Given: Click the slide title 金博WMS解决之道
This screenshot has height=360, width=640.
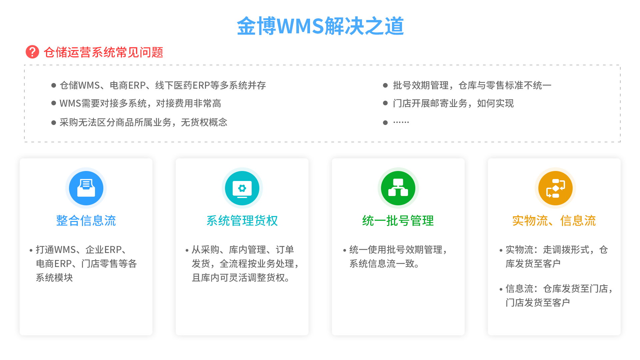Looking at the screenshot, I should [320, 26].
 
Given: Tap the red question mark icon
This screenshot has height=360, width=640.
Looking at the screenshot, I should [32, 52].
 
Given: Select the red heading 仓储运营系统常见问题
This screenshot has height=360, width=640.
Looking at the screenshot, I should [103, 52].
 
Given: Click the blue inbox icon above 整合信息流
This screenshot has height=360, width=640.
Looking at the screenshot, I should [86, 188].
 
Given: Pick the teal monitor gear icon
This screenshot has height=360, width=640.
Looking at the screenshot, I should [242, 188].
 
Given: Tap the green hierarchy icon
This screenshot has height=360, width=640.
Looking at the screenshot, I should [398, 188].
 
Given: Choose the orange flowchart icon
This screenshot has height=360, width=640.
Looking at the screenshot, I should [555, 188].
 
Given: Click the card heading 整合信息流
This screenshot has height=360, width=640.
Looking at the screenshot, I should [86, 221].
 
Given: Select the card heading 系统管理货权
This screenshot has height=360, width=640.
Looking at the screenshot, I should [242, 221].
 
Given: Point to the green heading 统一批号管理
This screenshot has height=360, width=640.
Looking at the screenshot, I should [398, 221].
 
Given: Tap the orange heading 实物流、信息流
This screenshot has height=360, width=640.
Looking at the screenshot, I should [554, 221].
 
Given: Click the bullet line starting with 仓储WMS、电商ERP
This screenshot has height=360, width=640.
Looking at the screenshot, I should [163, 85].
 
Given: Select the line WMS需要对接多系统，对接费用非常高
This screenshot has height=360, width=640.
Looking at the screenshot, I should [140, 103].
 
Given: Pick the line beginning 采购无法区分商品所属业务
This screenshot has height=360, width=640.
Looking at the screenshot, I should [143, 122].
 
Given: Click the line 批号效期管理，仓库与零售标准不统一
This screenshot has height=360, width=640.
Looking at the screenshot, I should [472, 85].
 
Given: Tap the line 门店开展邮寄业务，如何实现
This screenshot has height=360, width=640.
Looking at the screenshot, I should [453, 103].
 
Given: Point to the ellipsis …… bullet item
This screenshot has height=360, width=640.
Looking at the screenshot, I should [401, 122].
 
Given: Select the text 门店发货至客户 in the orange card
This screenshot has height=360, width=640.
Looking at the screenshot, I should [538, 302].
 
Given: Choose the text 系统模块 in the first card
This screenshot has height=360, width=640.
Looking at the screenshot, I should [54, 278].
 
